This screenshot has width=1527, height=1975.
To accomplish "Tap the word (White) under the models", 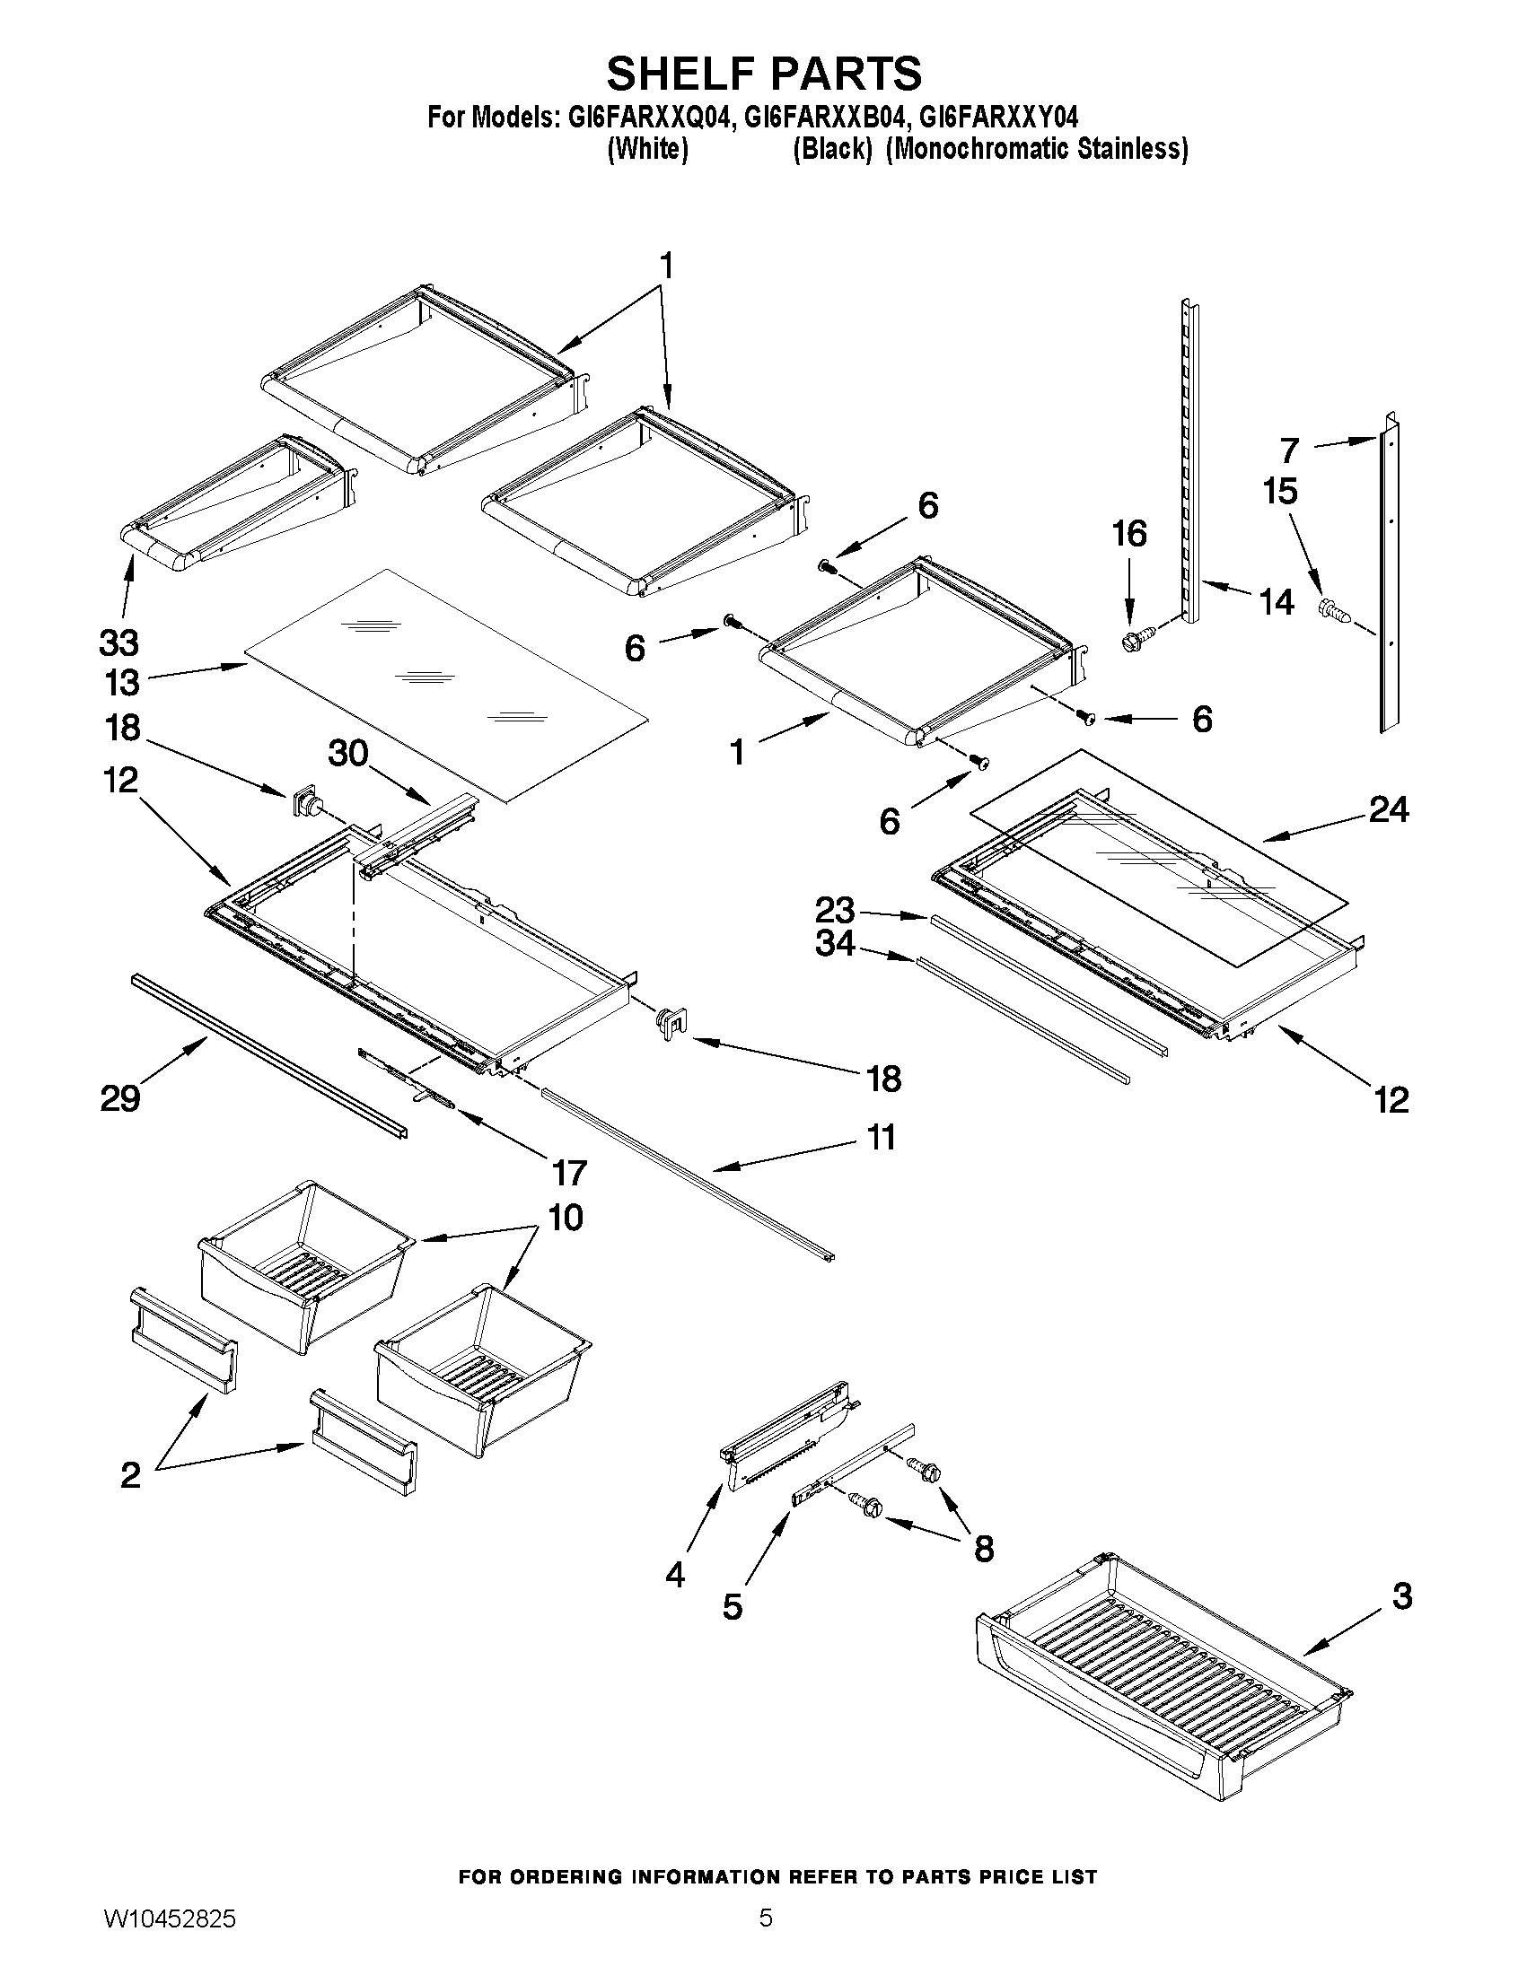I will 647,149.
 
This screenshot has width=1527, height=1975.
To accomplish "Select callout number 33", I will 118,643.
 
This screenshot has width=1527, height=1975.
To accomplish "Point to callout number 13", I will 121,683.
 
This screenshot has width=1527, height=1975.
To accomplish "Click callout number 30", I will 348,752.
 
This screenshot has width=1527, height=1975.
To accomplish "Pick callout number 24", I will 1388,809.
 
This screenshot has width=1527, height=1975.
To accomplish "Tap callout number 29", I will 120,1098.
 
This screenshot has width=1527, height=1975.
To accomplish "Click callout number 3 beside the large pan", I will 1401,1596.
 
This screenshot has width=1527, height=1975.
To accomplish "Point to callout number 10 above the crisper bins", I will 565,1218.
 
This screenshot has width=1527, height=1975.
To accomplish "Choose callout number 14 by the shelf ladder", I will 1277,601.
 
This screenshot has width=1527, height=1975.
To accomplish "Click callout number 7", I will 1289,450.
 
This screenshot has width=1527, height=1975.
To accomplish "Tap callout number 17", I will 569,1173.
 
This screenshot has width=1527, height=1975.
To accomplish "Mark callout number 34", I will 834,943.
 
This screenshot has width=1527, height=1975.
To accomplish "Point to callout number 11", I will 882,1137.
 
